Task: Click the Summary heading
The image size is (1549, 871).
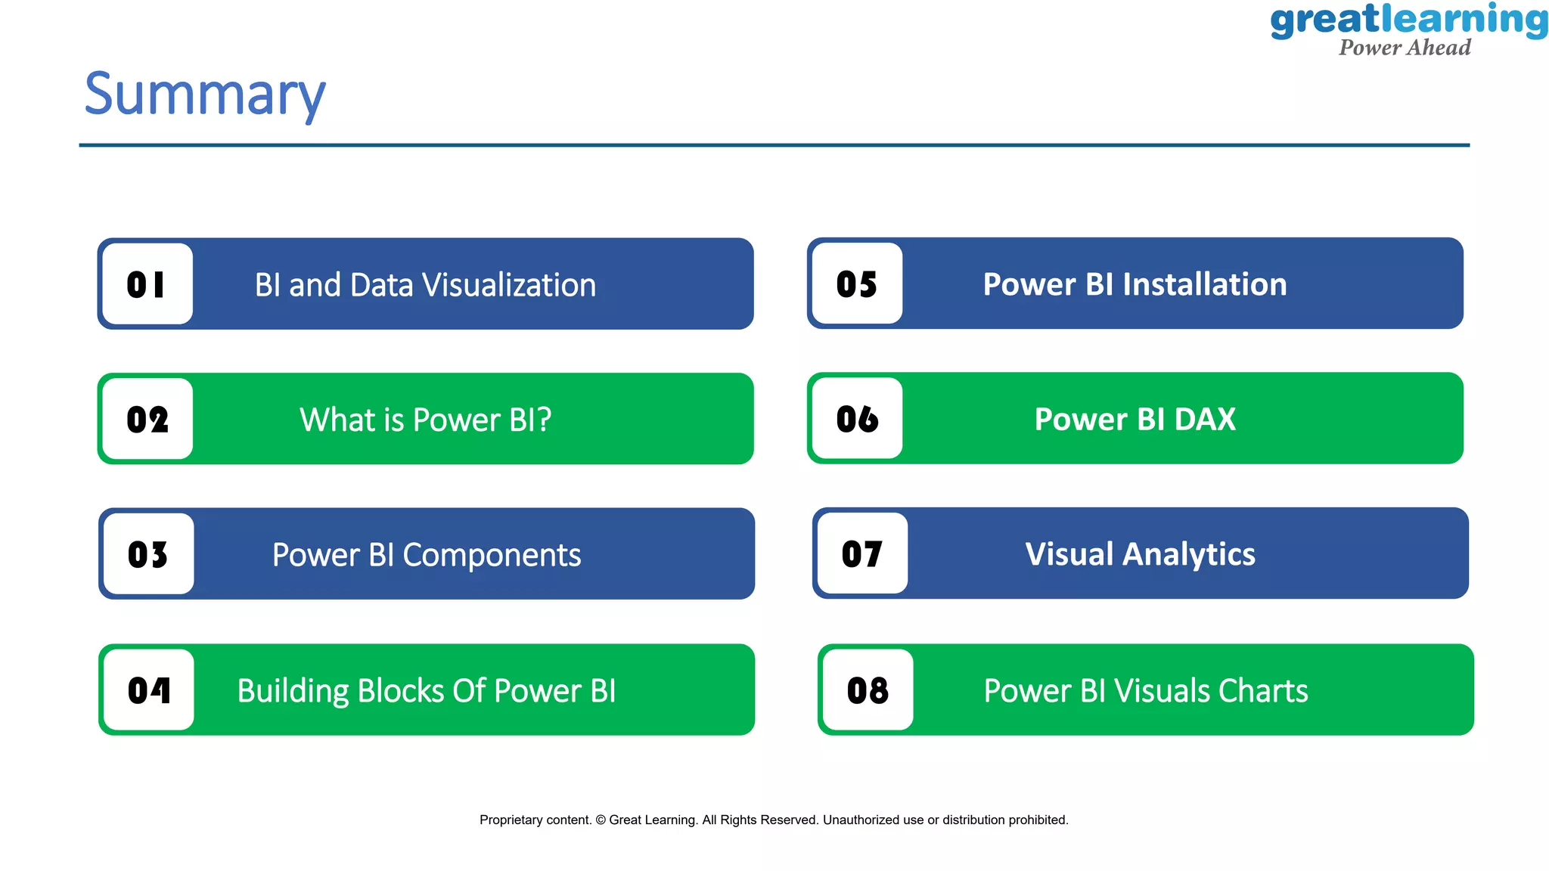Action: point(205,95)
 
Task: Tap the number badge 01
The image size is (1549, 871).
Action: point(147,284)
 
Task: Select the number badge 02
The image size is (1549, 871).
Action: point(147,420)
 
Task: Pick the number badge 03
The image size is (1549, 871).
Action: point(148,554)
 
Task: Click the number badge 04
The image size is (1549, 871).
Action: point(149,690)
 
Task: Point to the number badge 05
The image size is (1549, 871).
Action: point(857,284)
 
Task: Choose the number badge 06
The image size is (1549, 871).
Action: point(857,419)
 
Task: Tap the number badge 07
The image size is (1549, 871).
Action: point(862,553)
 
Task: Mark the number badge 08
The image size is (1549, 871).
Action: point(868,690)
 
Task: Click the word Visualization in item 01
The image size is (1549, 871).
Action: point(509,285)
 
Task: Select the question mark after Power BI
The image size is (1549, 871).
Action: point(545,420)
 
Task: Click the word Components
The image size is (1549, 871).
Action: point(492,556)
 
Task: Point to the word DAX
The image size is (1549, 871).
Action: point(1205,419)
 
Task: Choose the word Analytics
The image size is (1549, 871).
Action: point(1189,554)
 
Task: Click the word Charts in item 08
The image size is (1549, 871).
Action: point(1263,691)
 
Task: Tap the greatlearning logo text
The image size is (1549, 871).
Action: point(1408,20)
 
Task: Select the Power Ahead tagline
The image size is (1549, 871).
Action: point(1405,48)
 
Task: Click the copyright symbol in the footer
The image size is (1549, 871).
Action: point(601,820)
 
